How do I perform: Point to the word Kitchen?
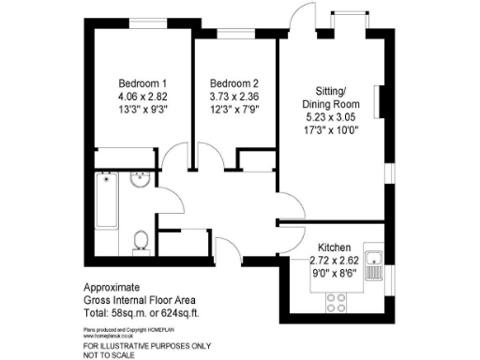pyautogui.click(x=336, y=239)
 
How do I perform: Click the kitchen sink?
pyautogui.click(x=374, y=263)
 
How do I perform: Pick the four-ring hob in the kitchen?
pyautogui.click(x=335, y=302)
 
